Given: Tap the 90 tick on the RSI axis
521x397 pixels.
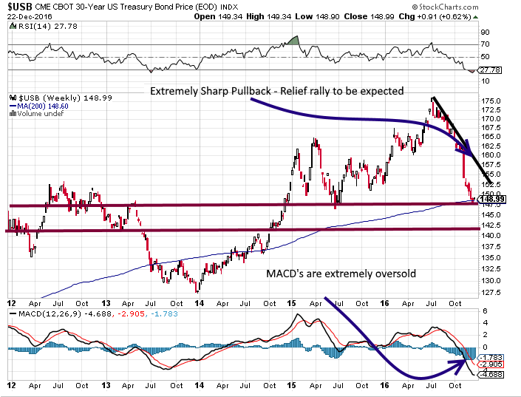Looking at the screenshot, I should pos(486,33).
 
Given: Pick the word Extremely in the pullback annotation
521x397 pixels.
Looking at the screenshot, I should pos(174,91).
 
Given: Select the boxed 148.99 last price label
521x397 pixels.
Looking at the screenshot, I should pos(491,199).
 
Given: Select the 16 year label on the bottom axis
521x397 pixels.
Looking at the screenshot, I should pos(386,386).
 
